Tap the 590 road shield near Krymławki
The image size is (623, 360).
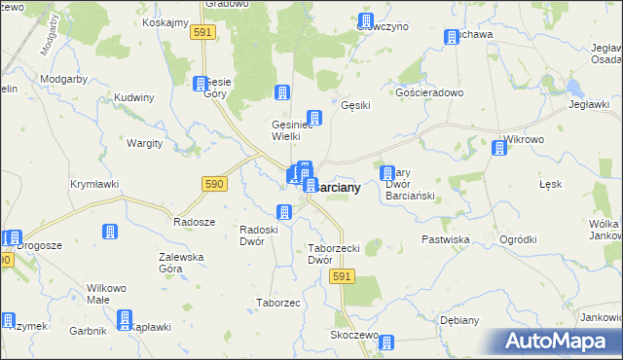[215, 184]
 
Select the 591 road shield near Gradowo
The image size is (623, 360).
[202, 33]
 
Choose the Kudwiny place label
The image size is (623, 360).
[134, 97]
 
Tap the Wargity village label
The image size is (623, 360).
[145, 142]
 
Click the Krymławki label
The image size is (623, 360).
[94, 183]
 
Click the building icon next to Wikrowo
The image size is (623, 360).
[499, 148]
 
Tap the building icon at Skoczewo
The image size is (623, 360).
[386, 342]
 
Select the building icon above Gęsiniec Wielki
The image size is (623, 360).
[282, 93]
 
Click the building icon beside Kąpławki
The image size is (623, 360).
[125, 318]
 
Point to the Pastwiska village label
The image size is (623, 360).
[446, 238]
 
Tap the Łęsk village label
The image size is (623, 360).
[551, 183]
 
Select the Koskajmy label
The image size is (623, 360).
[165, 22]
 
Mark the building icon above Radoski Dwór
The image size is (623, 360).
[284, 211]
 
